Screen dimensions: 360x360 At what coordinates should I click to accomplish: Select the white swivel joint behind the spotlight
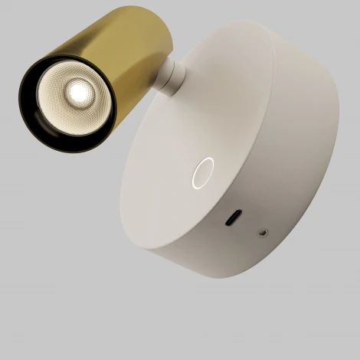170,77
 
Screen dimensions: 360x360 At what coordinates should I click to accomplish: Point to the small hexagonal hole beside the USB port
264,229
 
